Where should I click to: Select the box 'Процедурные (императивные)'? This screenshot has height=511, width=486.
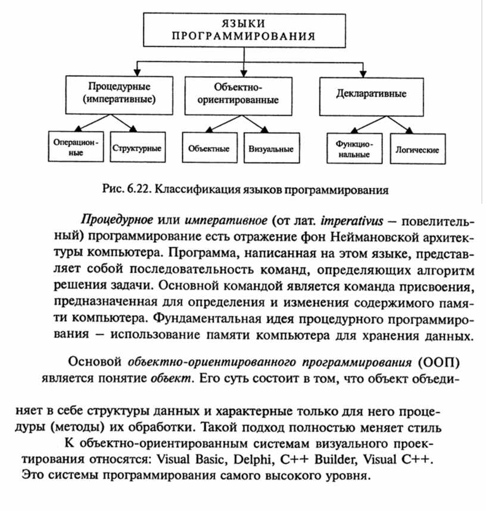tap(120, 94)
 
